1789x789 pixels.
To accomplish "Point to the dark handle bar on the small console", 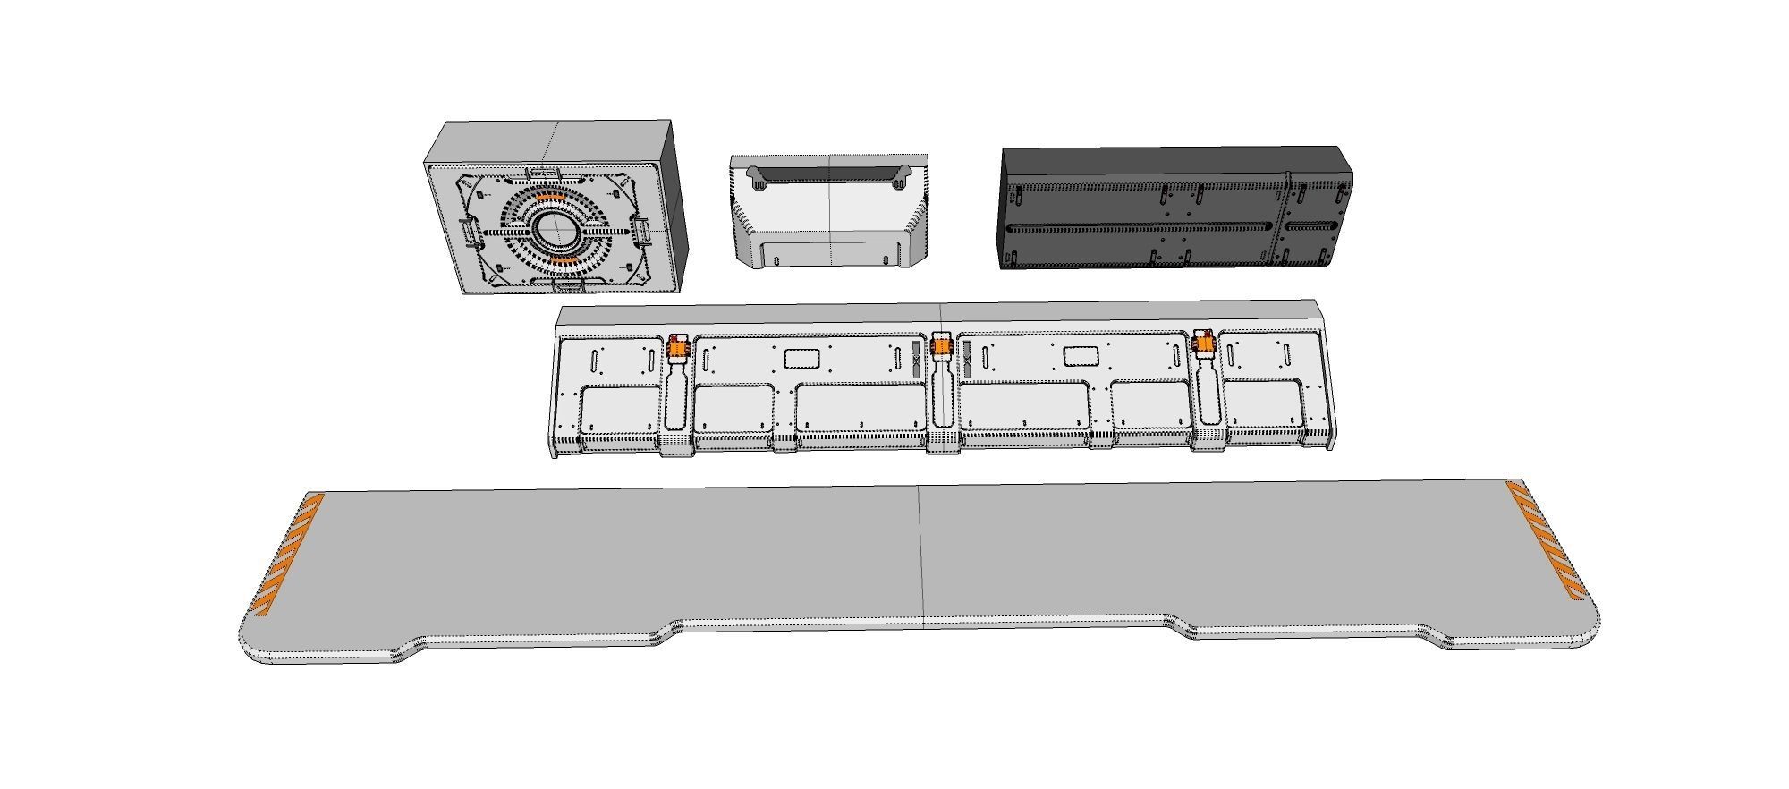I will [x=828, y=173].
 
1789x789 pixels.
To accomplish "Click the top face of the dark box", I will [x=1172, y=157].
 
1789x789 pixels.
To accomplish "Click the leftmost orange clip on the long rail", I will [x=678, y=346].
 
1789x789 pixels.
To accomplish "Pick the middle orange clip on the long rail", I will [x=941, y=344].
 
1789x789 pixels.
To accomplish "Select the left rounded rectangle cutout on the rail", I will [x=801, y=359].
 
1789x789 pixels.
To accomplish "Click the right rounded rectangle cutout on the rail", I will [x=1080, y=356].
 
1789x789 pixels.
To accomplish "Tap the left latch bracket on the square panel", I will [x=465, y=232].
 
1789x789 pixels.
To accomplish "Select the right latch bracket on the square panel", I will [x=642, y=231].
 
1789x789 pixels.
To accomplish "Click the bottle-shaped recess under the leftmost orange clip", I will [x=677, y=398].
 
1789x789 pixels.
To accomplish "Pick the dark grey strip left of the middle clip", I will [x=916, y=358].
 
